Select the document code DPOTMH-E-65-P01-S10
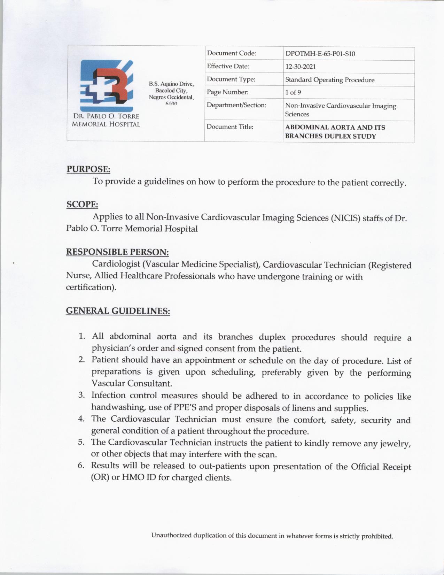click(320, 54)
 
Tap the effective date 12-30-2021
click(301, 67)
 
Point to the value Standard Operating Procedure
click(330, 80)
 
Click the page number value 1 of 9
click(293, 92)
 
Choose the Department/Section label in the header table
click(236, 105)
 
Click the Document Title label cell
click(230, 127)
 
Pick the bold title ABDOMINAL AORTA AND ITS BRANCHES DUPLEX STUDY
click(335, 132)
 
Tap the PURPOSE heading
click(88, 169)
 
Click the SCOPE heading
click(82, 204)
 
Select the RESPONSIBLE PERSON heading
click(117, 252)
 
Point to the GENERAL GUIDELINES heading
click(118, 310)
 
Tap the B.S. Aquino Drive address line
click(171, 84)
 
